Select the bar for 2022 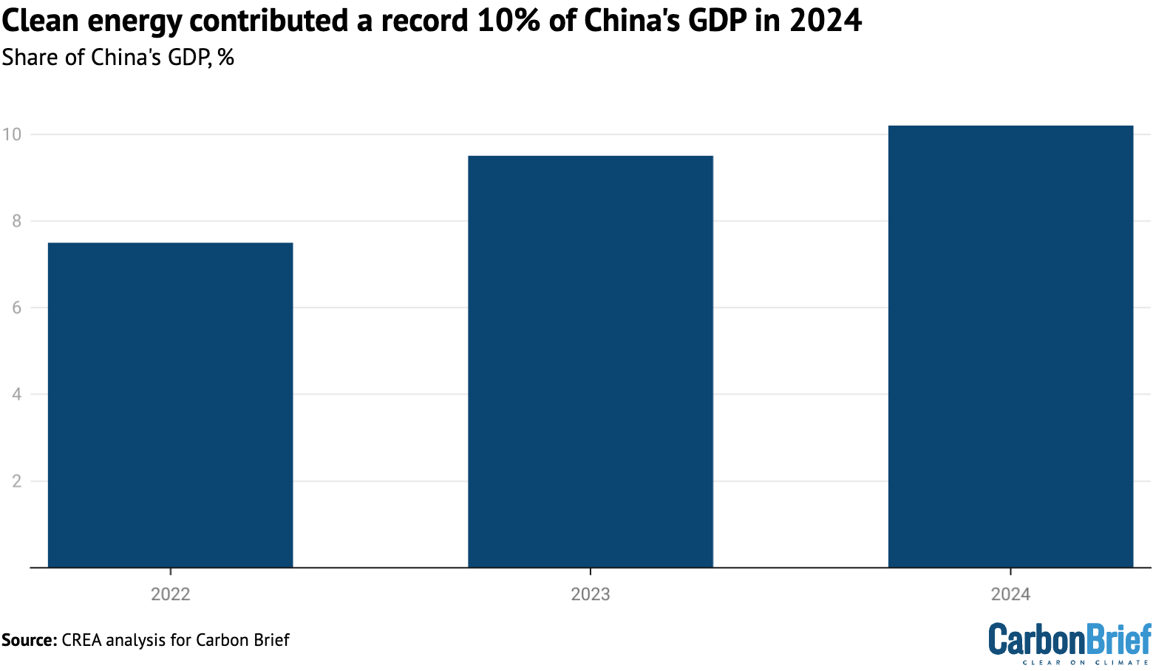(x=170, y=405)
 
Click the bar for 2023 (x=590, y=361)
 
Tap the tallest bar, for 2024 (x=1010, y=347)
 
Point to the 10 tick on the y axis (x=12, y=134)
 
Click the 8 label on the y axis (x=15, y=221)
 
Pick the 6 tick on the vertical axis (x=15, y=307)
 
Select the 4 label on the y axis (x=15, y=395)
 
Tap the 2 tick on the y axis (x=15, y=481)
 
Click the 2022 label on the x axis (x=170, y=595)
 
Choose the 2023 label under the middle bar (x=590, y=595)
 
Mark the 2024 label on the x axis (x=1010, y=595)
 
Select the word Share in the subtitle (x=30, y=57)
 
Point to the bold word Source (x=29, y=640)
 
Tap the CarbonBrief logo (x=1069, y=638)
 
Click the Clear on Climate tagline (x=1086, y=662)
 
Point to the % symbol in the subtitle (x=225, y=57)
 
